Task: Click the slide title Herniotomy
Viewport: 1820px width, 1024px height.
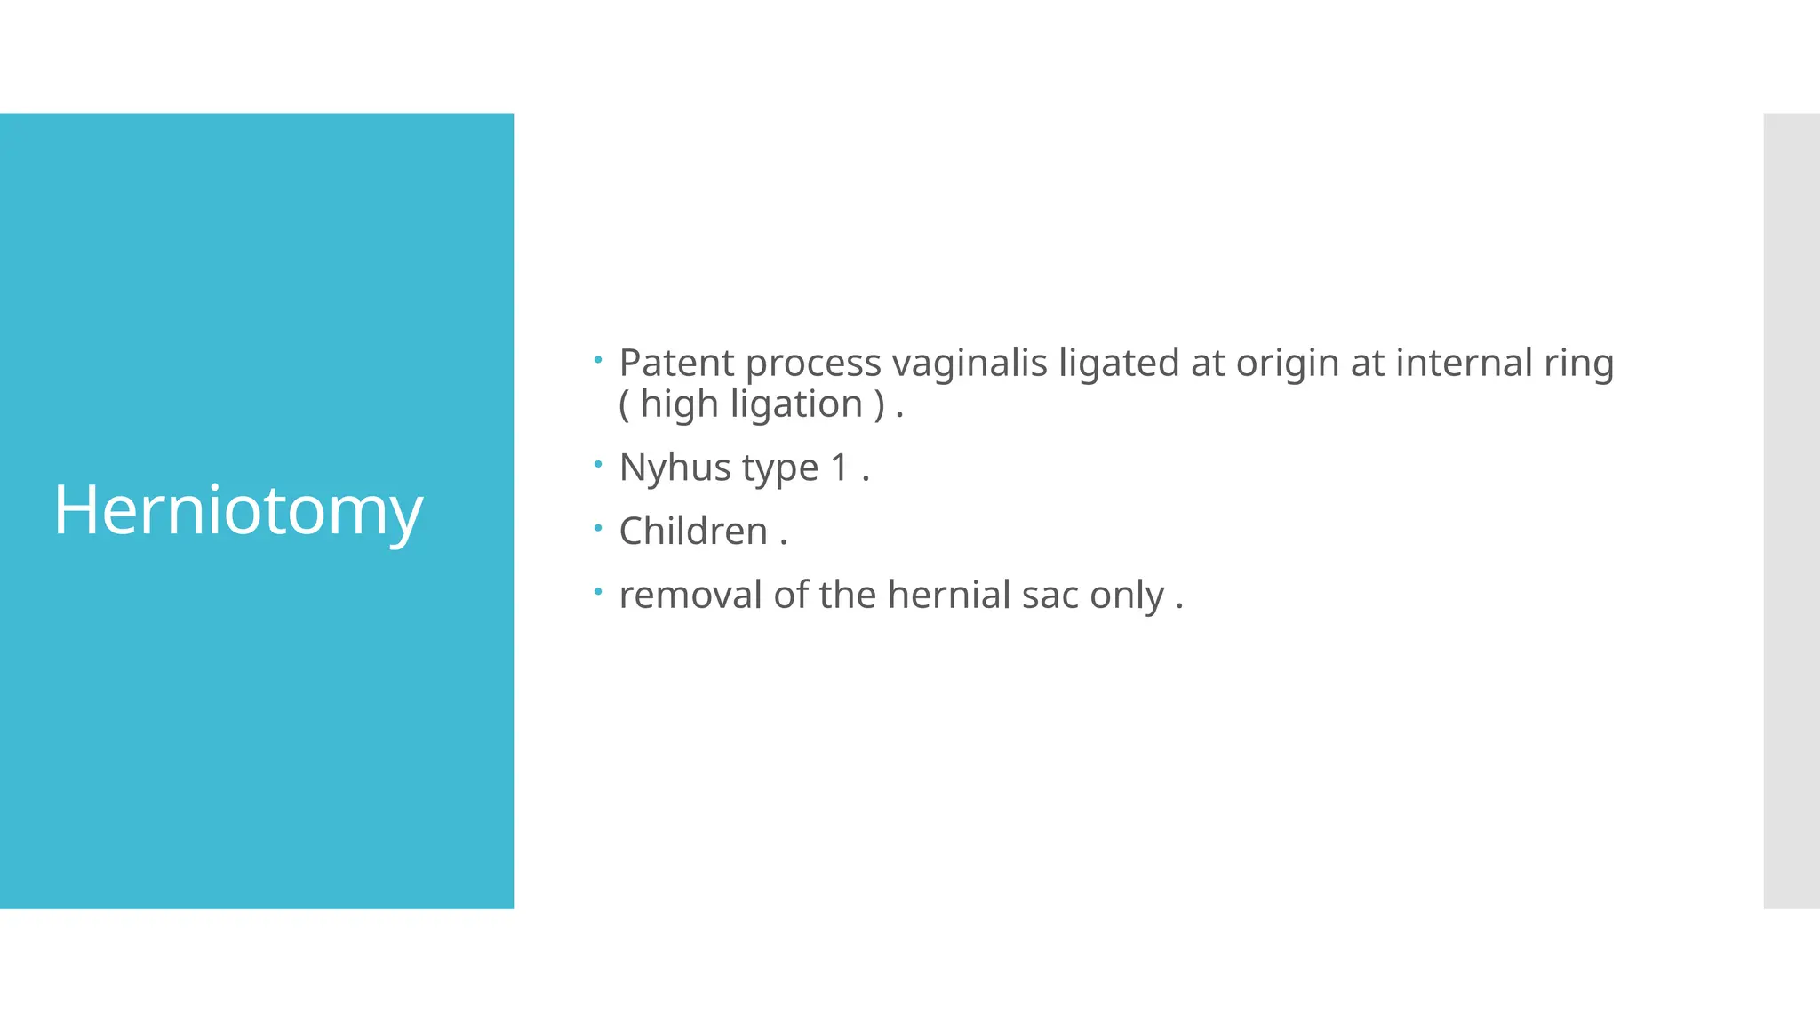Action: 238,510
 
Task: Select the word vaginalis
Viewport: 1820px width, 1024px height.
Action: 970,363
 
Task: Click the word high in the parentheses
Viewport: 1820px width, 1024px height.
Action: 679,404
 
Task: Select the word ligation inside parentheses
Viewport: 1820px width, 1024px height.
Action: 796,404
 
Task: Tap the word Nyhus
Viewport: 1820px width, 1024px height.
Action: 675,468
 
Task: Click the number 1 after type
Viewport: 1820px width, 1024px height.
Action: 839,468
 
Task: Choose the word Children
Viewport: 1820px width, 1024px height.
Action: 693,531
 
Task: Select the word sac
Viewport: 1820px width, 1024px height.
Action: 1050,596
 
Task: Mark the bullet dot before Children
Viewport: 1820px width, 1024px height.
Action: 598,528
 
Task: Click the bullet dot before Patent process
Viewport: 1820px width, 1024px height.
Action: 598,360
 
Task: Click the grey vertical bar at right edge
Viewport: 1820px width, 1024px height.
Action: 1791,510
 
